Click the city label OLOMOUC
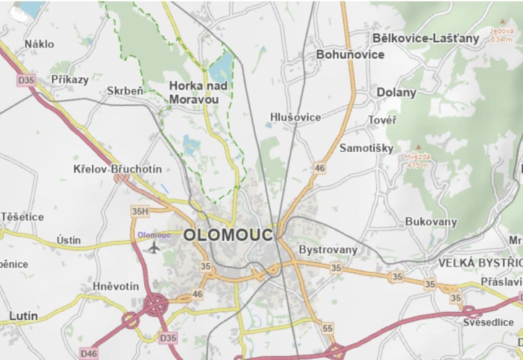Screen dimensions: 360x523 [x=228, y=235]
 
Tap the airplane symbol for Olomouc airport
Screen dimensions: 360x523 [x=154, y=247]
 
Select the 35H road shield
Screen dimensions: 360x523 [x=140, y=211]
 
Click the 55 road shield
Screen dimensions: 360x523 [x=328, y=328]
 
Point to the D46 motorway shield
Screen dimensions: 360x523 [x=89, y=353]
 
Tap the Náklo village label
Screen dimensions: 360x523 [x=39, y=44]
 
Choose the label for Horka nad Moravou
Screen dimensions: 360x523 [x=198, y=92]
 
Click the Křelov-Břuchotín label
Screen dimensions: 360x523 [x=117, y=170]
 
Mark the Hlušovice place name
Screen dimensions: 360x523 [x=296, y=117]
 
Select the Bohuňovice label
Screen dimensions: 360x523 [x=350, y=54]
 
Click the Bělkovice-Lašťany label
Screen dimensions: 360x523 [x=426, y=38]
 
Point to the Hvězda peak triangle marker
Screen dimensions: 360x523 [x=418, y=147]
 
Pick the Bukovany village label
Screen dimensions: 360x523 [x=431, y=221]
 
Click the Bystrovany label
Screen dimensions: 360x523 [x=328, y=249]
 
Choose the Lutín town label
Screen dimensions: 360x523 [x=23, y=316]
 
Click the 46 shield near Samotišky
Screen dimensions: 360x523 [x=319, y=168]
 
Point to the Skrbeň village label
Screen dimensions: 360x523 [x=125, y=91]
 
